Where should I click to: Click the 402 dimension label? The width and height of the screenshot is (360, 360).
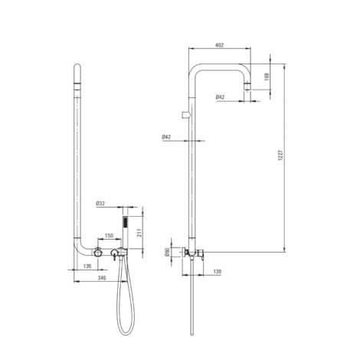click(219, 45)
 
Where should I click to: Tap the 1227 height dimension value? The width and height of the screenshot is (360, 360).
click(280, 155)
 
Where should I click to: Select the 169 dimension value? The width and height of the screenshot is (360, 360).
click(267, 77)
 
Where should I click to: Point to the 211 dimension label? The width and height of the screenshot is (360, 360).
click(139, 233)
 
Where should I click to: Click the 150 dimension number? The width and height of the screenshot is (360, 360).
click(109, 235)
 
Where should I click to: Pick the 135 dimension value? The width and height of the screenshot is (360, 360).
click(87, 266)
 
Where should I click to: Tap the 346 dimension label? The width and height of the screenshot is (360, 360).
click(102, 278)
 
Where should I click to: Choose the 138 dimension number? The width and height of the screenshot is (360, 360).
click(217, 271)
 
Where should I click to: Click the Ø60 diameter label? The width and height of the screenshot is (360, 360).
click(167, 252)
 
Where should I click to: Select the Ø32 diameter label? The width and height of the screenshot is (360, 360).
click(100, 204)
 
